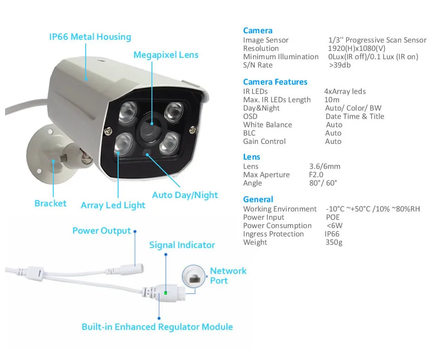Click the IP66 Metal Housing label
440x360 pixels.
90,37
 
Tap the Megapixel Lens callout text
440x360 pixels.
166,55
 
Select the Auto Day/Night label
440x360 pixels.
185,195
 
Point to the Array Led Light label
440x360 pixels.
113,205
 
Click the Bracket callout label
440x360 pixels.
50,203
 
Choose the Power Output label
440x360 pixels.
101,230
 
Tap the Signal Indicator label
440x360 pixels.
182,245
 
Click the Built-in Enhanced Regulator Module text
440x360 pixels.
157,327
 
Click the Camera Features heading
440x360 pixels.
275,82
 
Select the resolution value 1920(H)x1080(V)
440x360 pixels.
357,49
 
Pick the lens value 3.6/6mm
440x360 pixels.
324,167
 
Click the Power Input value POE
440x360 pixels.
332,217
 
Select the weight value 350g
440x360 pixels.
333,242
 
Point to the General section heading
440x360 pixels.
258,199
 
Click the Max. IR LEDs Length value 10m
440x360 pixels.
332,100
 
